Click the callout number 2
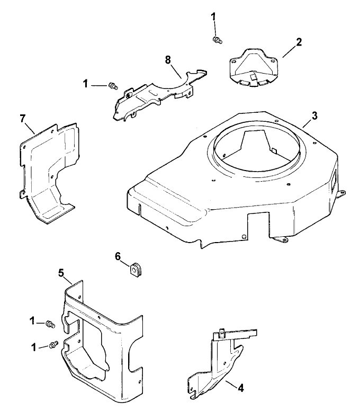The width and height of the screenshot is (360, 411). [299, 42]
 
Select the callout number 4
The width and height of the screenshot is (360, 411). [240, 388]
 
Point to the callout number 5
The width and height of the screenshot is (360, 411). [61, 273]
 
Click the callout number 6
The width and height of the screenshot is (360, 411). [118, 256]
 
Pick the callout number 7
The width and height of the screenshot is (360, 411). [23, 118]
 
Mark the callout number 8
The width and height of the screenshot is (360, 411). [168, 59]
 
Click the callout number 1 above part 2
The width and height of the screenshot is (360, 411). [214, 17]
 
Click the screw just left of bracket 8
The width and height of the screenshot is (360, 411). [112, 85]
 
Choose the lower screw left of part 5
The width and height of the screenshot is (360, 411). [52, 345]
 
